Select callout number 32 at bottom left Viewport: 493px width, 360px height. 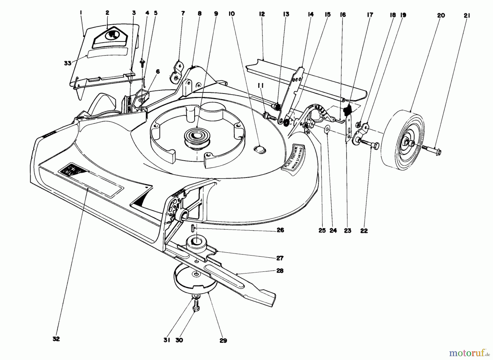pyautogui.click(x=56, y=339)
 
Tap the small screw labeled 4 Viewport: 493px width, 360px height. pyautogui.click(x=142, y=63)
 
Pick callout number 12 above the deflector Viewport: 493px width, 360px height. pyautogui.click(x=262, y=14)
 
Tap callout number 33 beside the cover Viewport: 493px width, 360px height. pyautogui.click(x=68, y=63)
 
